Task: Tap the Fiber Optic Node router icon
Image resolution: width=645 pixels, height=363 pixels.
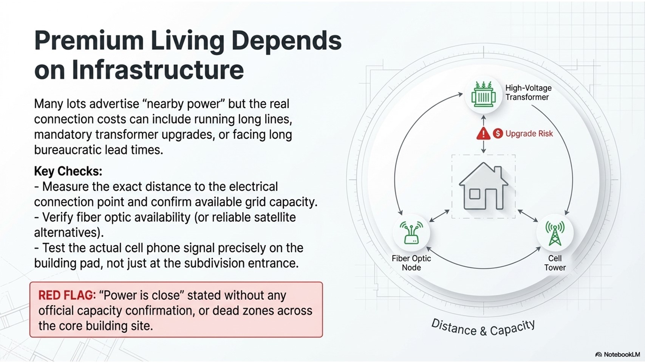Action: [411, 233]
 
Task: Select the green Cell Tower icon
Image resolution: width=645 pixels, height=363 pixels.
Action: [555, 233]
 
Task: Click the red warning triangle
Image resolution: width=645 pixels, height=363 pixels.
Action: [483, 133]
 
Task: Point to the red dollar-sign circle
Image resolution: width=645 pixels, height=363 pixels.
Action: [498, 133]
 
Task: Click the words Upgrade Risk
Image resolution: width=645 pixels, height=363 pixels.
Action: [529, 134]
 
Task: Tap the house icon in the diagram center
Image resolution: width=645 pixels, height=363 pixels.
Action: [484, 186]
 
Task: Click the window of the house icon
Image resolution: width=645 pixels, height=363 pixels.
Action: [475, 194]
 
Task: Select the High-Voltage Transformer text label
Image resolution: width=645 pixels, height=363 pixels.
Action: [528, 93]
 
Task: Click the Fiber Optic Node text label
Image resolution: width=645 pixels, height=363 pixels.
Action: [411, 263]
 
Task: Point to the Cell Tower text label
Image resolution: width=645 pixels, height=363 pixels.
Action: [555, 263]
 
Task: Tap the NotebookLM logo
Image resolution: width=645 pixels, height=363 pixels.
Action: [617, 354]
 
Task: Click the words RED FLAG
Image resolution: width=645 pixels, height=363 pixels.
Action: [67, 295]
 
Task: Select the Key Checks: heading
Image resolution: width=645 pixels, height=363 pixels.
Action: [68, 171]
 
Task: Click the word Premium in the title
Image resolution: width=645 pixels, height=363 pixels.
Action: [89, 40]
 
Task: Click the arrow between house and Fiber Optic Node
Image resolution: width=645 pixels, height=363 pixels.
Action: [439, 216]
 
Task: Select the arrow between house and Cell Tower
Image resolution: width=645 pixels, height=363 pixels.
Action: [528, 216]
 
